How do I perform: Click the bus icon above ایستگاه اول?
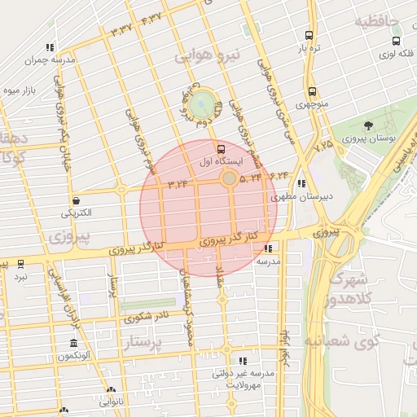pos(220,149)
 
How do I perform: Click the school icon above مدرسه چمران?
pos(50,47)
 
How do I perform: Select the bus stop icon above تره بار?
pos(308,35)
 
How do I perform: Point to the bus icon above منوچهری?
pos(312,91)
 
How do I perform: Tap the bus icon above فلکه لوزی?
pos(396,41)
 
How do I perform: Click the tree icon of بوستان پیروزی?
pos(368,125)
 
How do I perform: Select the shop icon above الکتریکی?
pos(76,200)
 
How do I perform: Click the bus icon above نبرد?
pos(20,263)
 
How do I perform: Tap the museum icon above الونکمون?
pos(74,343)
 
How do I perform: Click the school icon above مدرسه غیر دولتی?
pos(242,360)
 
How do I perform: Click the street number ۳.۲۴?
pos(178,184)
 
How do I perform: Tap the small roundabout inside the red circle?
pos(230,178)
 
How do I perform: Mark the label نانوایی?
pos(111,402)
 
